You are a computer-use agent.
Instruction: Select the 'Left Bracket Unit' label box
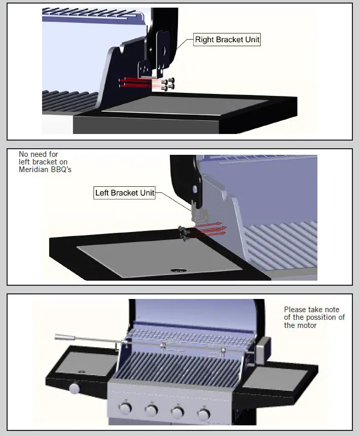coord(125,193)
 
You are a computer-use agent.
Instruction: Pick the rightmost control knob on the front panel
coord(203,415)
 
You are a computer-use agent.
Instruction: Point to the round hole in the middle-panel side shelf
coord(177,271)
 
